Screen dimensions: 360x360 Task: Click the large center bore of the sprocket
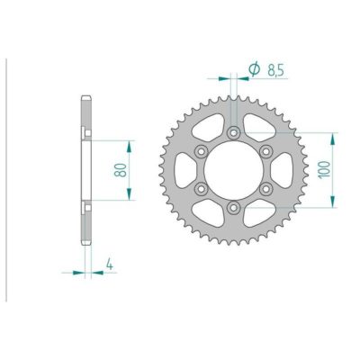tap(233, 170)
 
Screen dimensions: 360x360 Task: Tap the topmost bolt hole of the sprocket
tap(233, 132)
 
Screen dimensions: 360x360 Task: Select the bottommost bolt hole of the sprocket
tap(233, 208)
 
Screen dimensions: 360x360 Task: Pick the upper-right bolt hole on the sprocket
tap(266, 151)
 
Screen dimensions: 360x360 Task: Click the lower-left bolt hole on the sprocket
tap(201, 189)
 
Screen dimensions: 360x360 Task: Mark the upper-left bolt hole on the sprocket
tap(201, 151)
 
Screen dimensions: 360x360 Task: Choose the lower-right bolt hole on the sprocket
tap(266, 189)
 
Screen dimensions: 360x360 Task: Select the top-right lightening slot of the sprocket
tap(259, 124)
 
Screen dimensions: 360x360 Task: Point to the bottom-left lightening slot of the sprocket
tap(207, 216)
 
